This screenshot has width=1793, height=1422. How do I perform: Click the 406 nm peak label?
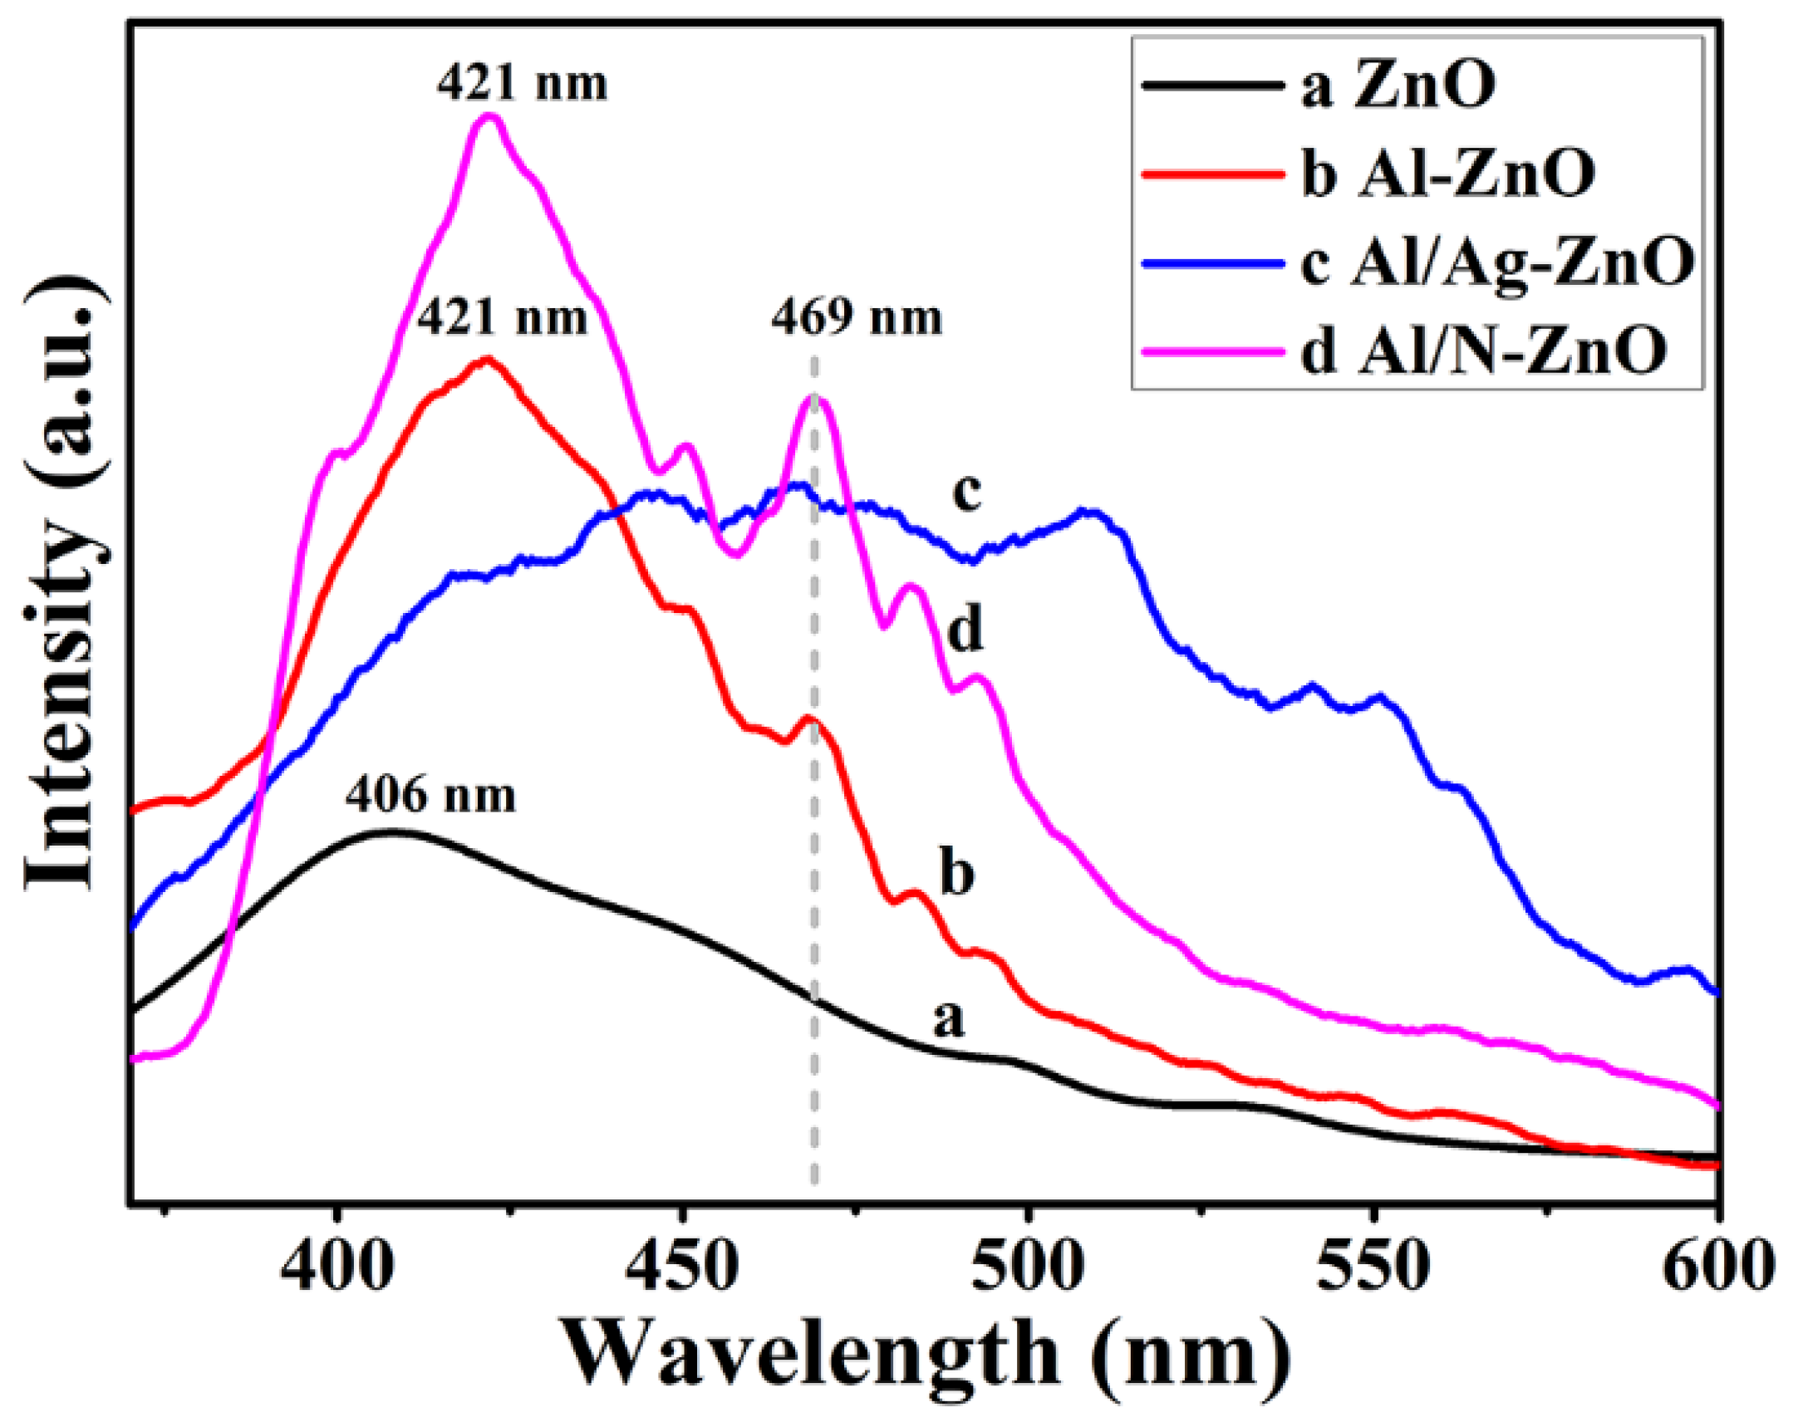tap(430, 796)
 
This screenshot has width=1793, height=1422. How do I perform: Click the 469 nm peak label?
tap(857, 318)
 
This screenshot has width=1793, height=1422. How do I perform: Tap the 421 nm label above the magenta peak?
tap(523, 84)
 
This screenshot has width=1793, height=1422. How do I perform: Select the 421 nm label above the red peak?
tap(502, 317)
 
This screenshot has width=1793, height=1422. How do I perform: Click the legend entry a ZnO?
tap(1398, 86)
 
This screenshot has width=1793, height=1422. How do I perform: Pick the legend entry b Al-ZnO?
tap(1447, 174)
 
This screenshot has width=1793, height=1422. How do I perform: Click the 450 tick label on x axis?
tap(682, 1266)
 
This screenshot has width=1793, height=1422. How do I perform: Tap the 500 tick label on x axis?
tap(1029, 1266)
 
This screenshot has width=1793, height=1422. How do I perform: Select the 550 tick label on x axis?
tap(1376, 1266)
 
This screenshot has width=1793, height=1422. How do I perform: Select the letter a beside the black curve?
tap(948, 1018)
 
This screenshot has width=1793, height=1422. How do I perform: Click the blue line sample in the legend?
tap(1210, 263)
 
